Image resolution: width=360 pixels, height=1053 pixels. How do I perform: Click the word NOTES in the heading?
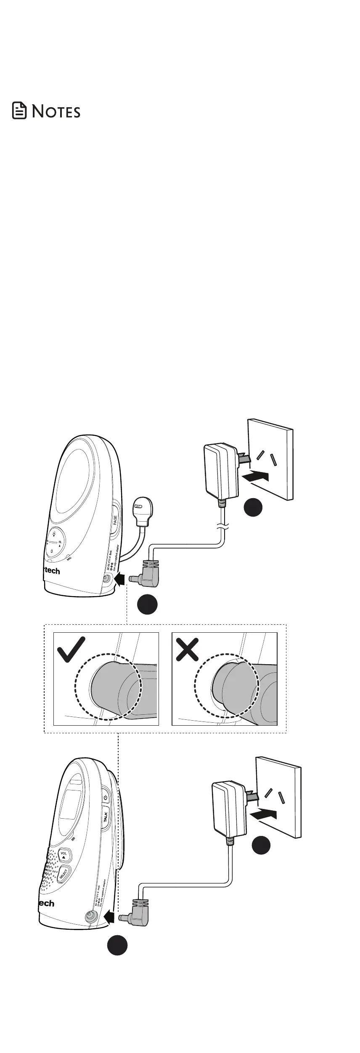[56, 111]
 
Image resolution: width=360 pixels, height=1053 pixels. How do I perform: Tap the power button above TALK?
[105, 797]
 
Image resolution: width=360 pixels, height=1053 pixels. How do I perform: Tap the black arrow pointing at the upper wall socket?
[256, 476]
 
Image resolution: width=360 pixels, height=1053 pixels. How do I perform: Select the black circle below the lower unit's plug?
[117, 944]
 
